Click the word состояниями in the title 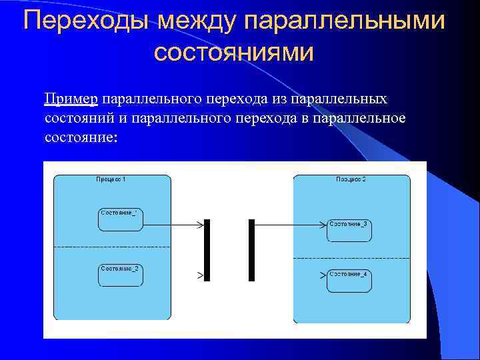point(233,52)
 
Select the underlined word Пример point(71,99)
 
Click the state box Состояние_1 point(121,219)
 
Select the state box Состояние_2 point(121,275)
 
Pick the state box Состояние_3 point(349,230)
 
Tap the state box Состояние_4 point(349,280)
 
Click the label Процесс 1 point(111,179)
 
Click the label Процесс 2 point(351,179)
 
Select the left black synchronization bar point(207,250)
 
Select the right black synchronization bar point(251,250)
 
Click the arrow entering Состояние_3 point(290,225)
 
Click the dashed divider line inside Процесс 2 point(351,258)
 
